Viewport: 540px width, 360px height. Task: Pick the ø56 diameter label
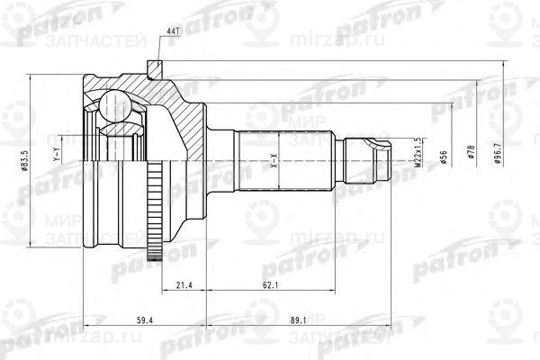445,158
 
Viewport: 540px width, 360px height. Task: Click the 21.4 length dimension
183,285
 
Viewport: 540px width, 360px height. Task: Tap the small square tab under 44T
156,67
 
